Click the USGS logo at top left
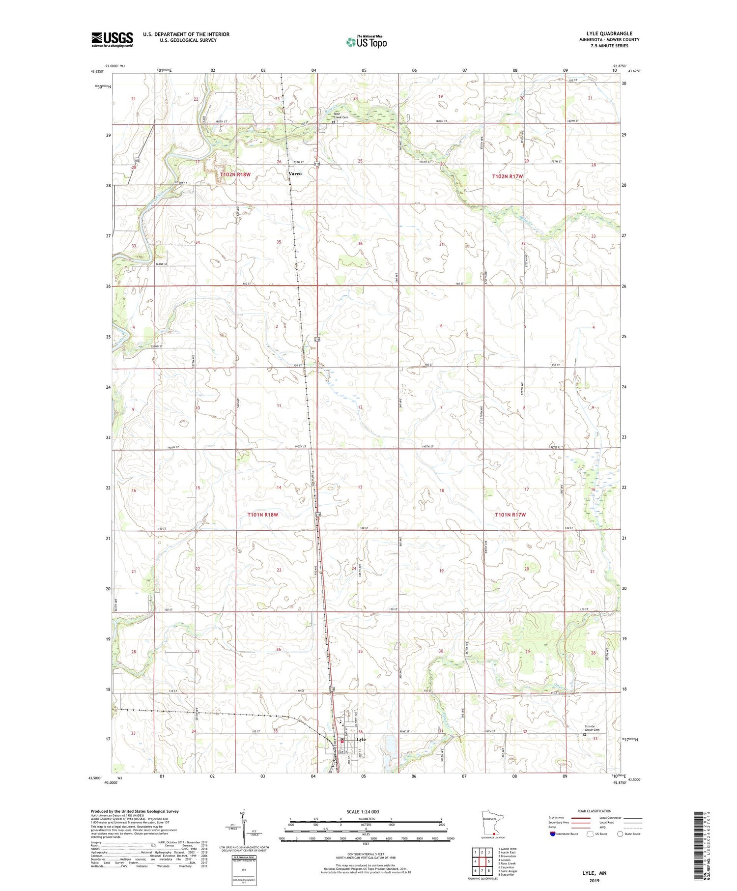[x=112, y=39]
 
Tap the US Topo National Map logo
[x=367, y=42]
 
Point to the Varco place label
[x=295, y=173]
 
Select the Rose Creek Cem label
[x=341, y=115]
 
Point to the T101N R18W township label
[x=263, y=515]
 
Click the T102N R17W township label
[x=508, y=176]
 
